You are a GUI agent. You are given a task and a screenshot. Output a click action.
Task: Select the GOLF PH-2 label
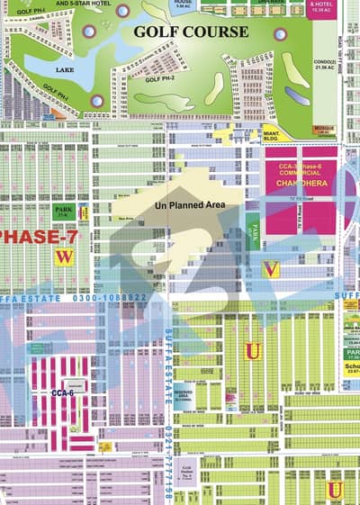(x=160, y=79)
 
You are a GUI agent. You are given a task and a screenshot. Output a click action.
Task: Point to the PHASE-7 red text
(x=34, y=236)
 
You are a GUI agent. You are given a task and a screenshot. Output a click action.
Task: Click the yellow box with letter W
(x=62, y=257)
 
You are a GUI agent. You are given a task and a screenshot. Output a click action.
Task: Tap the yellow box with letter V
(x=270, y=269)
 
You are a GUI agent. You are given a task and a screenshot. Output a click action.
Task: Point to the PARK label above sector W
(x=64, y=213)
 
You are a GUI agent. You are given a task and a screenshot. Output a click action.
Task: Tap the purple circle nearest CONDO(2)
(x=281, y=34)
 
